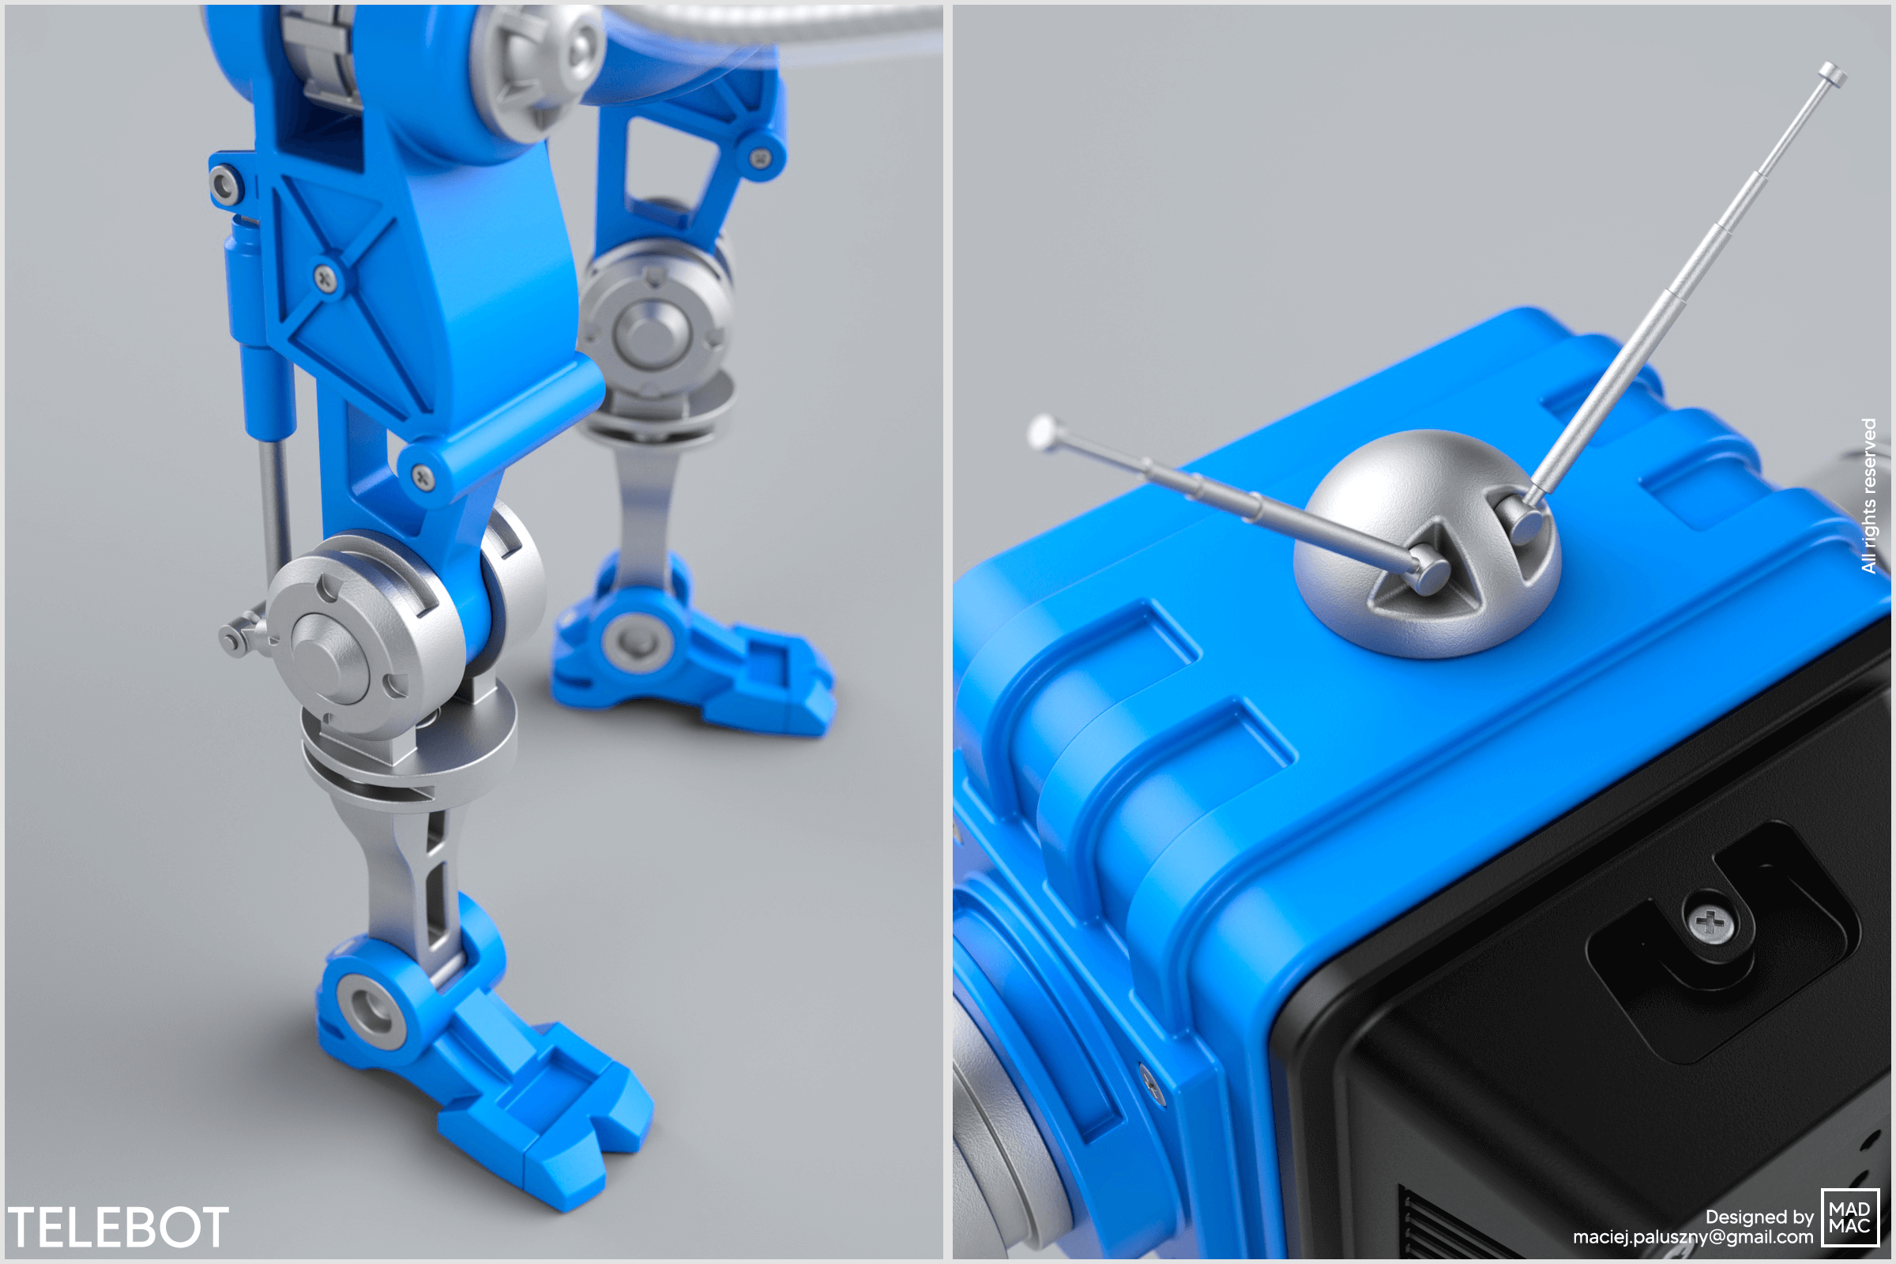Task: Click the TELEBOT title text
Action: click(118, 1227)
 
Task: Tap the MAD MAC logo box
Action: click(1849, 1217)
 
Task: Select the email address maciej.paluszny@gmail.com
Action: click(1692, 1236)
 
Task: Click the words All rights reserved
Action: click(1868, 495)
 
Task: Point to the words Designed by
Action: click(1759, 1217)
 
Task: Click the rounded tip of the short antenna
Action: click(1043, 431)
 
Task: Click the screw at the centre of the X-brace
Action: click(325, 279)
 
